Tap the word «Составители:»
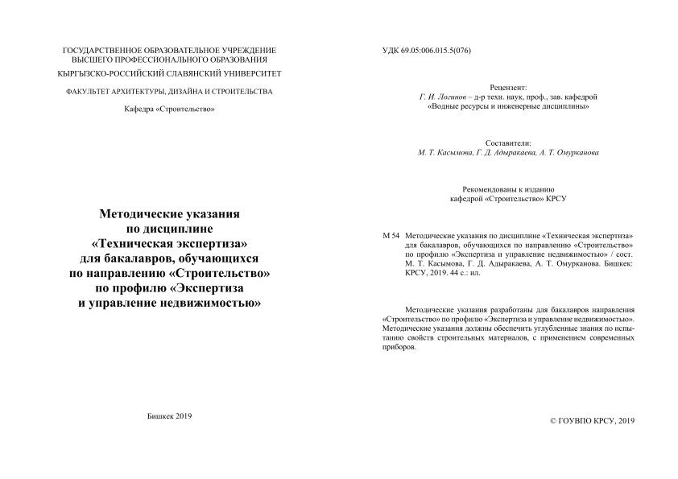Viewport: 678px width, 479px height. [509, 142]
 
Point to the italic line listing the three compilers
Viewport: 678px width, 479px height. [509, 152]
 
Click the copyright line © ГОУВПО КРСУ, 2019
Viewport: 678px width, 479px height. [592, 421]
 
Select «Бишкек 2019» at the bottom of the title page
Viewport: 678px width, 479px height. [170, 415]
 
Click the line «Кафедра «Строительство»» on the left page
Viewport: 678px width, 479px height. [169, 109]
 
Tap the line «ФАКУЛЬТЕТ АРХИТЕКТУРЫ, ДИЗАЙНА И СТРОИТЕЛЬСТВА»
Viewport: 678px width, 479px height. [169, 91]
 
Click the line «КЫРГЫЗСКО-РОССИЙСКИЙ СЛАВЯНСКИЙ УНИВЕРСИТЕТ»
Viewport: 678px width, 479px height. [169, 73]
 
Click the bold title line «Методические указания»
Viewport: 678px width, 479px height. [169, 215]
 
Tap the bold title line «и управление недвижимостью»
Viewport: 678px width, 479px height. [169, 302]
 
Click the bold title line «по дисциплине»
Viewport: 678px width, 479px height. [169, 229]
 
